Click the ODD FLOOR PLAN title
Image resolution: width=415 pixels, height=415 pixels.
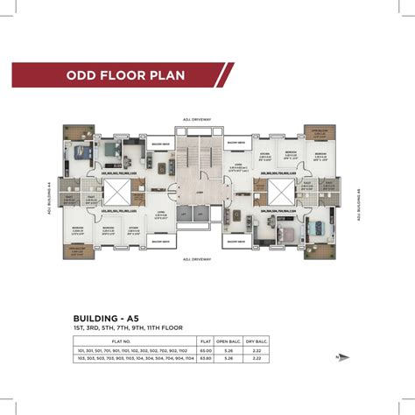point(126,75)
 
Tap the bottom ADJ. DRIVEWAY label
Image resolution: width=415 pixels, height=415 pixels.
point(199,259)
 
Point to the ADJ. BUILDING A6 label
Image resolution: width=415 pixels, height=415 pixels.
point(359,204)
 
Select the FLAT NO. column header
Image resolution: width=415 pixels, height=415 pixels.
point(133,341)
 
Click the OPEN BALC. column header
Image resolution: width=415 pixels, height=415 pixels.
point(228,341)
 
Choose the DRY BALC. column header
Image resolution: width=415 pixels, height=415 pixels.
point(257,341)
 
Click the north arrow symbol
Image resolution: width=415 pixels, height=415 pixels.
point(344,358)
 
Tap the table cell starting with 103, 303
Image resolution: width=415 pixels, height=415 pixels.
point(133,358)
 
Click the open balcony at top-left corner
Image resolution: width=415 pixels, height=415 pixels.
point(74,133)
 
